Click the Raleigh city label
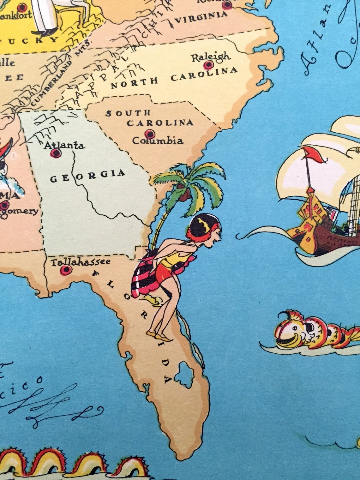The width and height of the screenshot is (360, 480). (x=211, y=57)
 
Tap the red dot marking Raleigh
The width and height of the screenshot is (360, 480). (x=208, y=65)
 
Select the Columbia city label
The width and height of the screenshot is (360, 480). (x=158, y=140)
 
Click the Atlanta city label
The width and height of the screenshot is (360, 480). (x=64, y=146)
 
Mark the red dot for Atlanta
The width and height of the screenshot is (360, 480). (x=56, y=153)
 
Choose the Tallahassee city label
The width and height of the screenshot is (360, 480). (x=81, y=262)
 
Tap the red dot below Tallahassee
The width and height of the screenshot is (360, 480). (x=66, y=270)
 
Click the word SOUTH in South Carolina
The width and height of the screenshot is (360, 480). (x=128, y=113)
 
